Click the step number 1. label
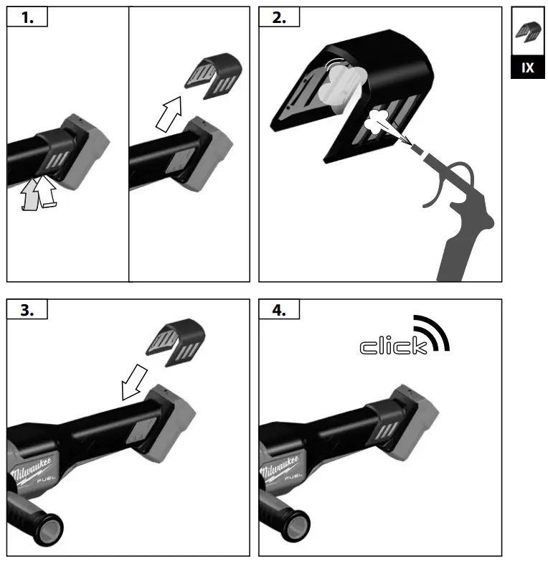pyautogui.click(x=27, y=18)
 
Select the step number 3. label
pyautogui.click(x=27, y=310)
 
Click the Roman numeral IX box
pyautogui.click(x=527, y=67)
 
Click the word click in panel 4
pyautogui.click(x=392, y=347)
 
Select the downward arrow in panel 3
pyautogui.click(x=134, y=381)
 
